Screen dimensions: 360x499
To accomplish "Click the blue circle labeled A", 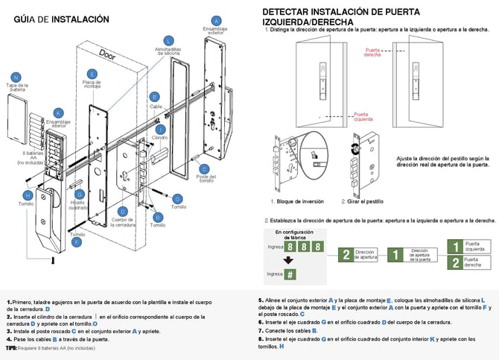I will [x=217, y=20].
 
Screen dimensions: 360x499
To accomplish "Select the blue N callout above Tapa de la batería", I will [x=16, y=78].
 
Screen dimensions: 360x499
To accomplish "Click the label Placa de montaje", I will [x=92, y=84].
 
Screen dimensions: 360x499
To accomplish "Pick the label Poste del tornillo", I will [x=206, y=177].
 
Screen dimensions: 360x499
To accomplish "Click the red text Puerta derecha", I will [x=372, y=53].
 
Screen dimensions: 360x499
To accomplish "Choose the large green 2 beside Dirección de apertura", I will [x=346, y=255].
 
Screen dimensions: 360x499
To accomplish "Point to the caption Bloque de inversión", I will [x=296, y=201].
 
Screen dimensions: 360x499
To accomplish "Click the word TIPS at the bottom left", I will [x=11, y=347].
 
